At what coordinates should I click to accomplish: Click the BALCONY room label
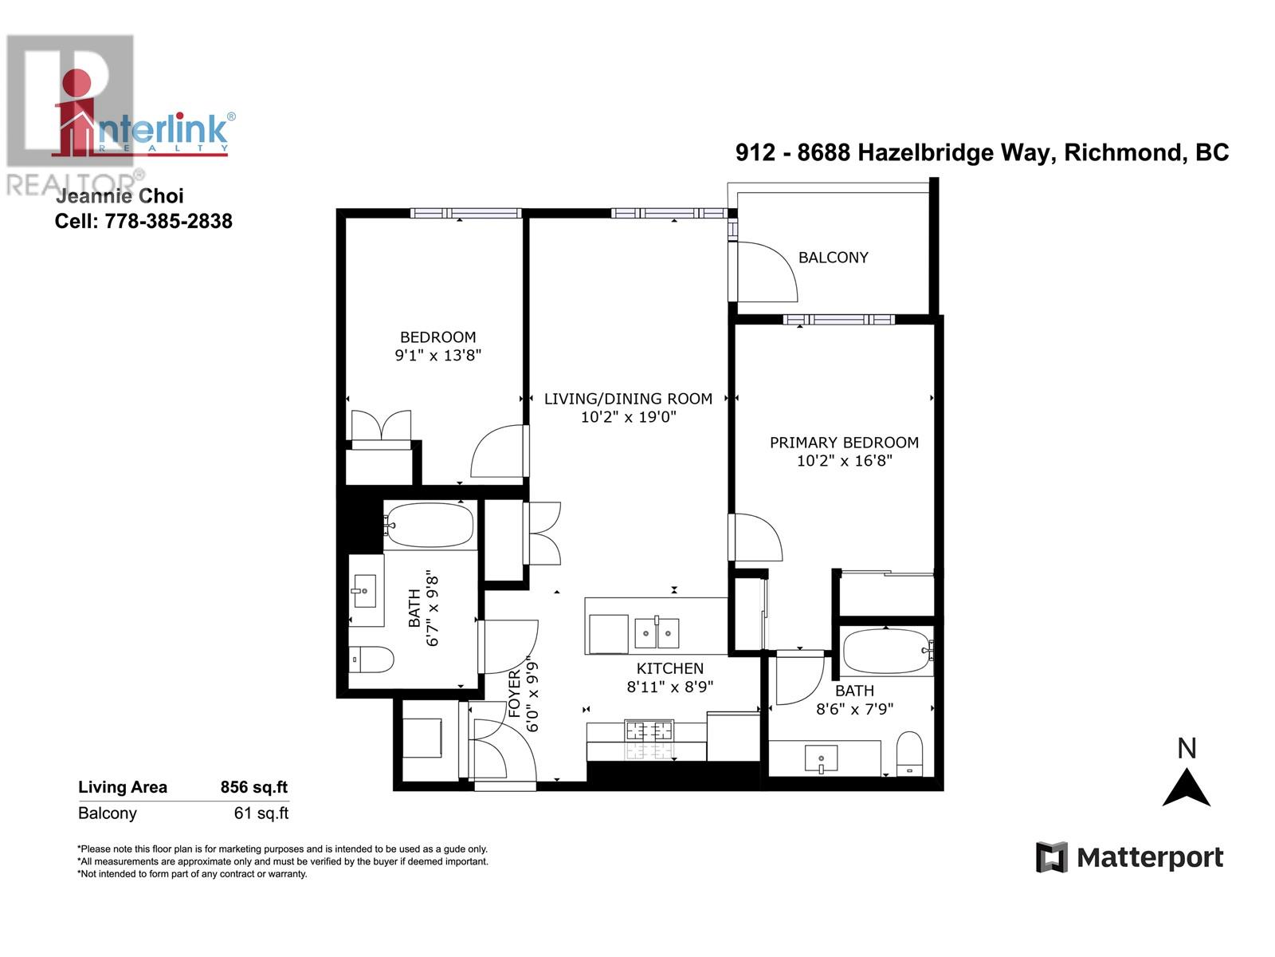833,258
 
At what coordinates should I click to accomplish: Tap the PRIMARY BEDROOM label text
844,443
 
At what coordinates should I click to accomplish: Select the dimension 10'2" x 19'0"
628,416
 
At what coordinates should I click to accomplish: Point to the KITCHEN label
669,668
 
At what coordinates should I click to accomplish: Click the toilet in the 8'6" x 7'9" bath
908,753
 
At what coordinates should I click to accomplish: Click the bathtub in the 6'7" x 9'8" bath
430,526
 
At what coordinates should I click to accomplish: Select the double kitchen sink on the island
657,633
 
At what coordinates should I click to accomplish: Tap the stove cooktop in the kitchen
649,730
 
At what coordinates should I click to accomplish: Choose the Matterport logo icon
1051,857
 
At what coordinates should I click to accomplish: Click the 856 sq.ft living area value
253,787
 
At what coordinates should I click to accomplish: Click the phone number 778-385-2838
168,221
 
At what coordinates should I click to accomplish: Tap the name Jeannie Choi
120,196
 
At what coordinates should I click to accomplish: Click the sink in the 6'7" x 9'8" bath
365,591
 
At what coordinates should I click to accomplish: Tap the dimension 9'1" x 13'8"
438,355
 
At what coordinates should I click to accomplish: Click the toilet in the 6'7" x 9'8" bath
372,660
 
